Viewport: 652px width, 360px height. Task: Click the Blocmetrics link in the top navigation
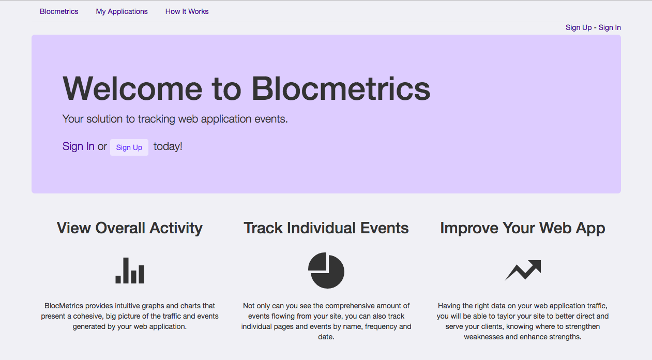click(x=59, y=11)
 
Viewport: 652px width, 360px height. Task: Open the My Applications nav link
click(x=122, y=12)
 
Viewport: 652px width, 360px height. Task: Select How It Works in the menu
click(x=187, y=11)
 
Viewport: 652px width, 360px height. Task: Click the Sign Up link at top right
click(x=579, y=27)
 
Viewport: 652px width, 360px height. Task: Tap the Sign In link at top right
click(x=610, y=27)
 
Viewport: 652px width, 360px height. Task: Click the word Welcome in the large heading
click(x=132, y=88)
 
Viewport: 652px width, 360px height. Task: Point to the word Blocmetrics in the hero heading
click(x=341, y=88)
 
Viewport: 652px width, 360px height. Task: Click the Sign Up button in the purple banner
click(x=129, y=147)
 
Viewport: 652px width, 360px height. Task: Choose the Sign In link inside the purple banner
click(x=78, y=146)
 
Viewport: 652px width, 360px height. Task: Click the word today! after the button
click(x=168, y=146)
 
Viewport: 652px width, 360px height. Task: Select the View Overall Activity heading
click(x=130, y=228)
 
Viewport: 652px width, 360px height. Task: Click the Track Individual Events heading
click(x=326, y=228)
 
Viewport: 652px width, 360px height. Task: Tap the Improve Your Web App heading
click(x=522, y=228)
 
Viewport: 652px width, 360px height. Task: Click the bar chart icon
click(x=130, y=271)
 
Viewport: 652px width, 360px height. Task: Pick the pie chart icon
click(x=326, y=271)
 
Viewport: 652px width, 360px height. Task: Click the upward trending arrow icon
click(x=523, y=271)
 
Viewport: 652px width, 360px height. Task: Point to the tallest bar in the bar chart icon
click(x=126, y=271)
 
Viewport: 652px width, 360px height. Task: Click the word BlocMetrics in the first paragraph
click(x=64, y=306)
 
